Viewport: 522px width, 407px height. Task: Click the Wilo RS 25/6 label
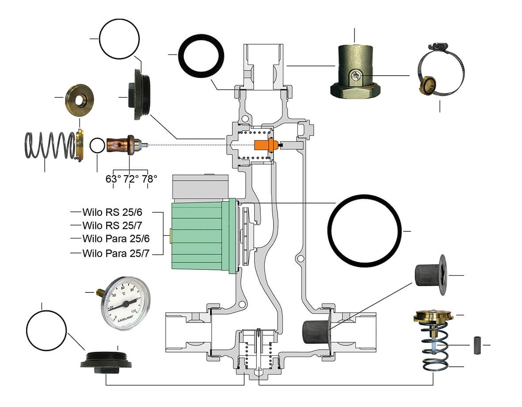[112, 211]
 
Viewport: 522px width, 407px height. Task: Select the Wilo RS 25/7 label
[112, 225]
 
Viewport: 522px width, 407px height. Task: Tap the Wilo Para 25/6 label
[116, 239]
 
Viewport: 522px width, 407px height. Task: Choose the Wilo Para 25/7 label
[116, 253]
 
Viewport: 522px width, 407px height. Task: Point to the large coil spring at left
[49, 145]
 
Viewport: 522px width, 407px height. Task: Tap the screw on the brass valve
[356, 77]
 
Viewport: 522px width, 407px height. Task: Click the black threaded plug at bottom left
[106, 359]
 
